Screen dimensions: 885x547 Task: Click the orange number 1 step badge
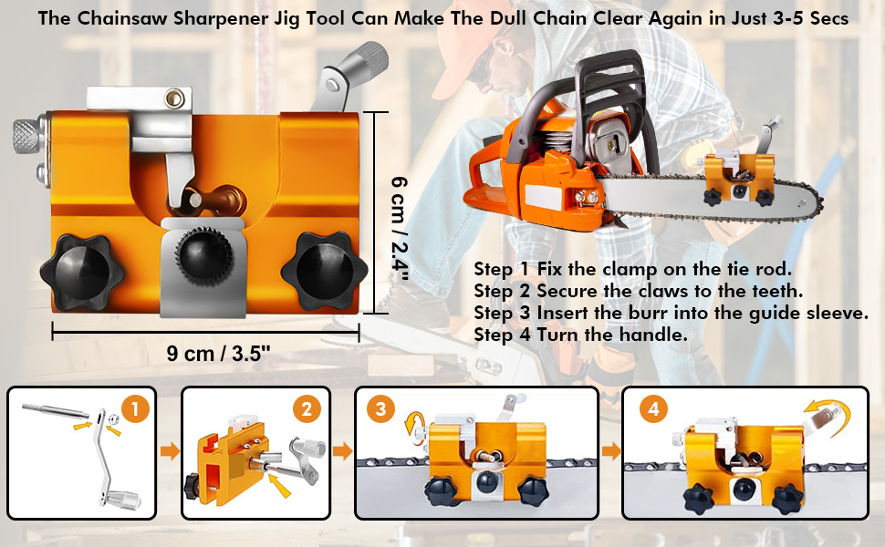135,408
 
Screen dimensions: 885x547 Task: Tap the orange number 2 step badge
307,408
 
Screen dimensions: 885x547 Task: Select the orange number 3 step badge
380,408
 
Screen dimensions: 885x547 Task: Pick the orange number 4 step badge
653,408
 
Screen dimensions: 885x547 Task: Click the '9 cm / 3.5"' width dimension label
218,354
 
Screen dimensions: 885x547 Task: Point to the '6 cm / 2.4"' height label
400,229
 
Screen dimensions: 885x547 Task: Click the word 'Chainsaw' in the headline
122,18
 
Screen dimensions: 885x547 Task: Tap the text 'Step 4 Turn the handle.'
581,335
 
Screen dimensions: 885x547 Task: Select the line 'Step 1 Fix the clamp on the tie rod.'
632,269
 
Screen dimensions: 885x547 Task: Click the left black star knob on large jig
82,272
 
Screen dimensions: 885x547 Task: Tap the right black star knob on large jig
325,272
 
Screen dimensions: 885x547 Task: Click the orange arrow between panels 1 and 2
170,451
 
